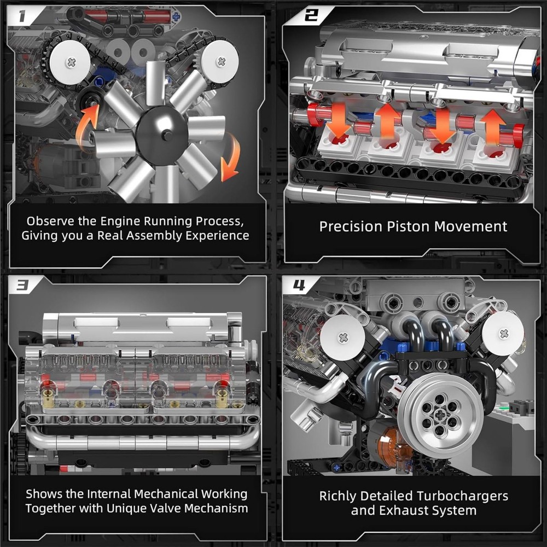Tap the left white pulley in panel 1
pyautogui.click(x=69, y=62)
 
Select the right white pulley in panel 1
pyautogui.click(x=220, y=61)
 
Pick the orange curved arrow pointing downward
pyautogui.click(x=231, y=158)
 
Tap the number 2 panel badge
pyautogui.click(x=310, y=15)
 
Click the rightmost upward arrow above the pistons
pyautogui.click(x=494, y=126)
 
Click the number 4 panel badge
pyautogui.click(x=299, y=285)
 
